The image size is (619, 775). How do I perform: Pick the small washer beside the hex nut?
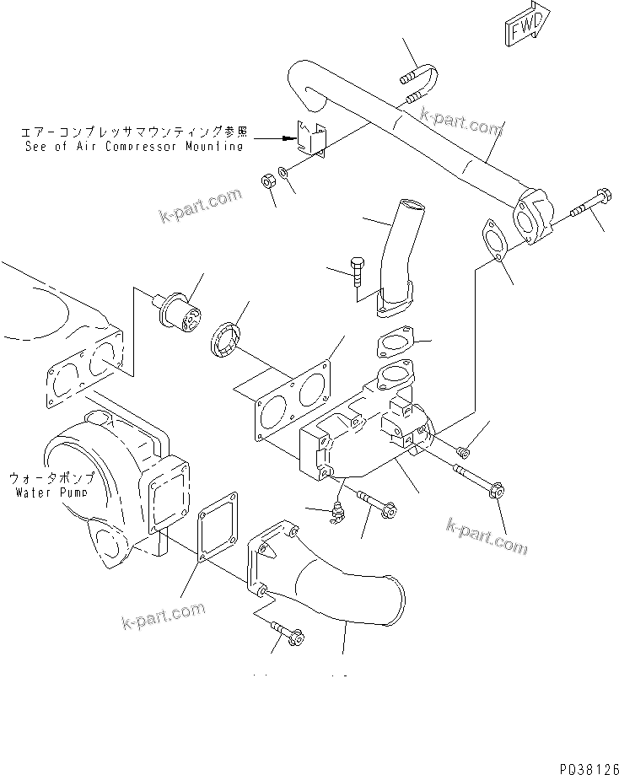[284, 173]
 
